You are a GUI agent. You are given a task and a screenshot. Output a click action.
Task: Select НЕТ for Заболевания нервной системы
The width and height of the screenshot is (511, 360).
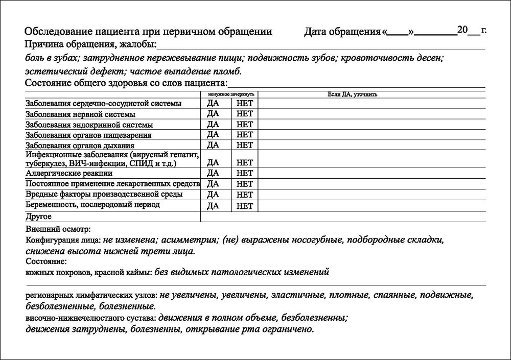click(245, 113)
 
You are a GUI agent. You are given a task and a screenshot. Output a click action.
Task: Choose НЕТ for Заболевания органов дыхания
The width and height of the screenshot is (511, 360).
click(245, 145)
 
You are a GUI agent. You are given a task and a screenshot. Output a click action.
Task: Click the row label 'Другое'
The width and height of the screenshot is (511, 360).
click(38, 217)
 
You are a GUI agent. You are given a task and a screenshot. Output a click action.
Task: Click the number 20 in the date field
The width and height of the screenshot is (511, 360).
click(462, 30)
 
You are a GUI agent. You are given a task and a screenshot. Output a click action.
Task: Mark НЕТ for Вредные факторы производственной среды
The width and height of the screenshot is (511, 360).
click(245, 195)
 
